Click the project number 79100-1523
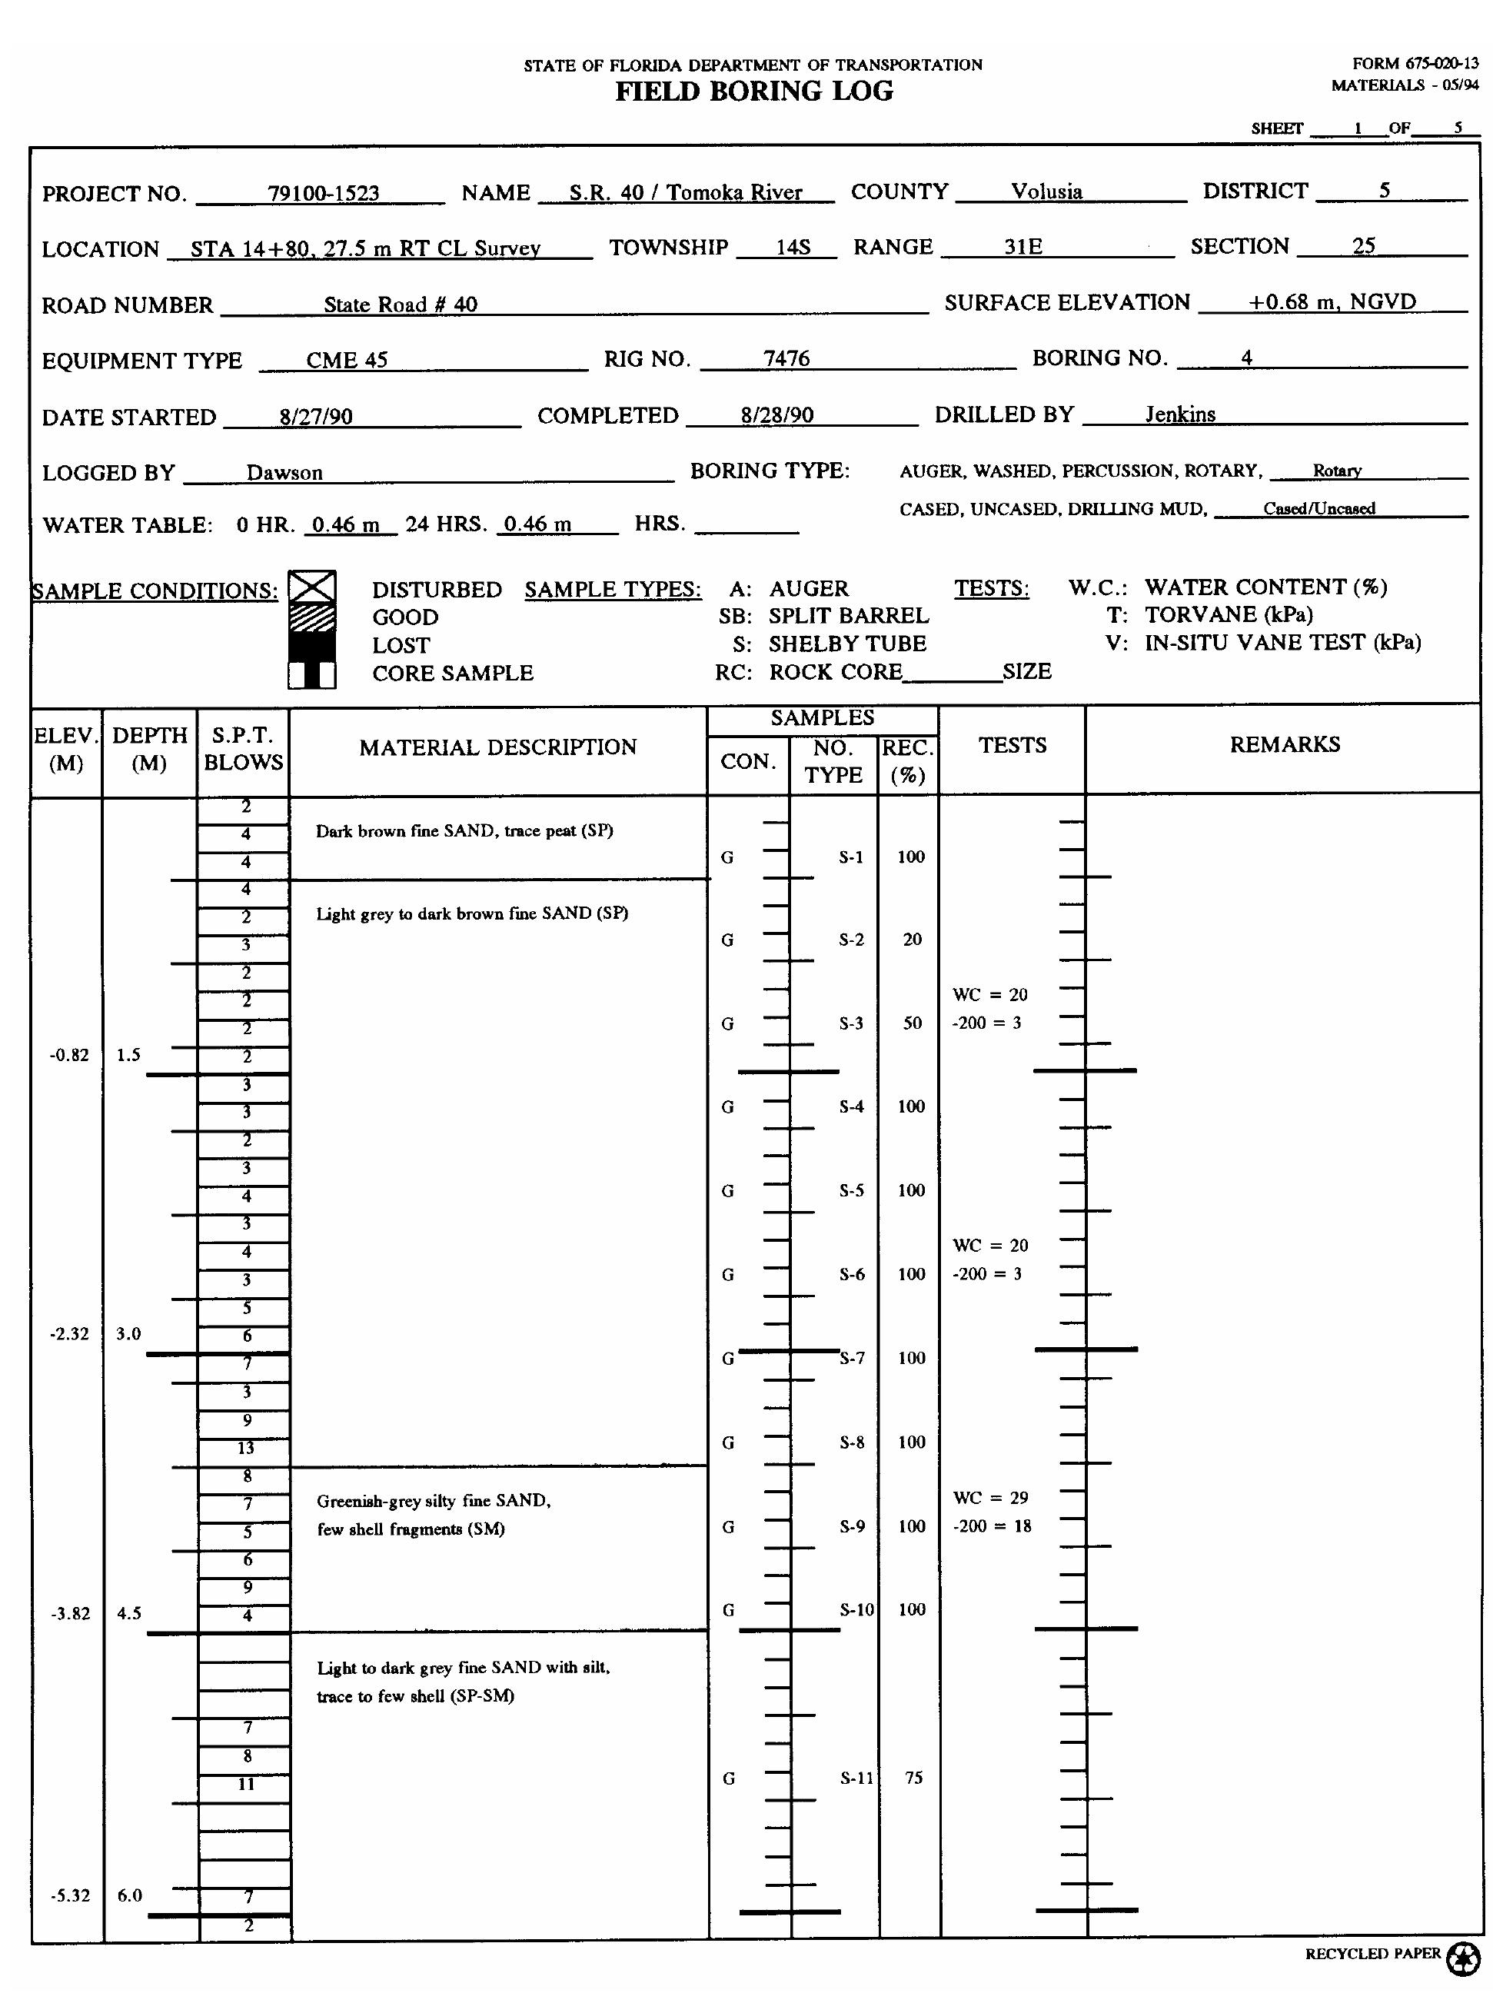tap(323, 194)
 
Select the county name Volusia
tap(1046, 191)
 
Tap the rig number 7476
tap(786, 359)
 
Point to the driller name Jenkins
tap(1179, 415)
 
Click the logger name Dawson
tap(284, 473)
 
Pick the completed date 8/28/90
tap(776, 416)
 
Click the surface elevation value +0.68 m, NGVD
tap(1332, 302)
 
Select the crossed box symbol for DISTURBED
tap(312, 587)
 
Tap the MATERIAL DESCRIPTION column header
tap(497, 747)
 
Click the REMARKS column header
tap(1284, 745)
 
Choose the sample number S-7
tap(853, 1359)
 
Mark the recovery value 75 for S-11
tap(913, 1778)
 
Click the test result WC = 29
tap(990, 1498)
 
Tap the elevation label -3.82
tap(70, 1613)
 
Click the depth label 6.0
tap(129, 1895)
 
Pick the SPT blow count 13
tap(246, 1448)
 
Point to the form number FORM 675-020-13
tap(1415, 64)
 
